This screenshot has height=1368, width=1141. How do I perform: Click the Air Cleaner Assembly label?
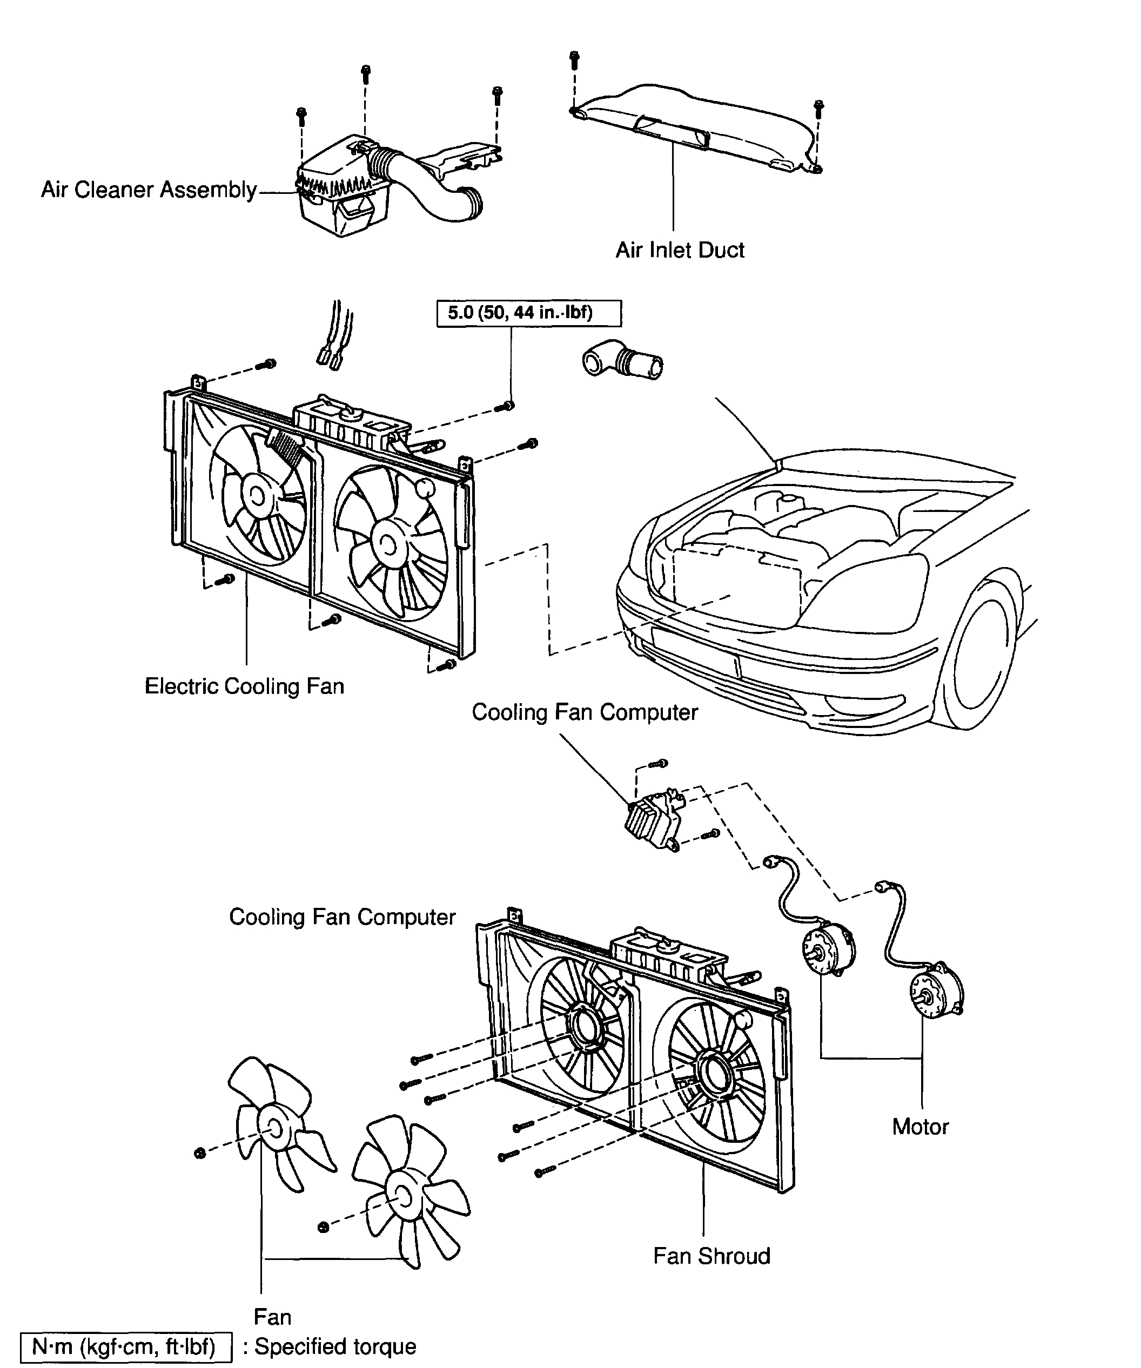pos(149,190)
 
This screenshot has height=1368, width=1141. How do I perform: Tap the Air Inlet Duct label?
pos(680,250)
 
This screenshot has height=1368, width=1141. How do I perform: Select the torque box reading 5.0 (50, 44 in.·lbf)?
pos(528,313)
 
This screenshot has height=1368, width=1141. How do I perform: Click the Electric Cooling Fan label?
pos(244,686)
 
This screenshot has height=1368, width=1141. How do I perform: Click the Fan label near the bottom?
pos(272,1317)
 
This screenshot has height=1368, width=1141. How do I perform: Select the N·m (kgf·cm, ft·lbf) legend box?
pos(124,1346)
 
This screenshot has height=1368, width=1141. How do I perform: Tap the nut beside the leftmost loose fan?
pos(200,1153)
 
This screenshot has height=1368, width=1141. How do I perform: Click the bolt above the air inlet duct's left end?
pos(574,60)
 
